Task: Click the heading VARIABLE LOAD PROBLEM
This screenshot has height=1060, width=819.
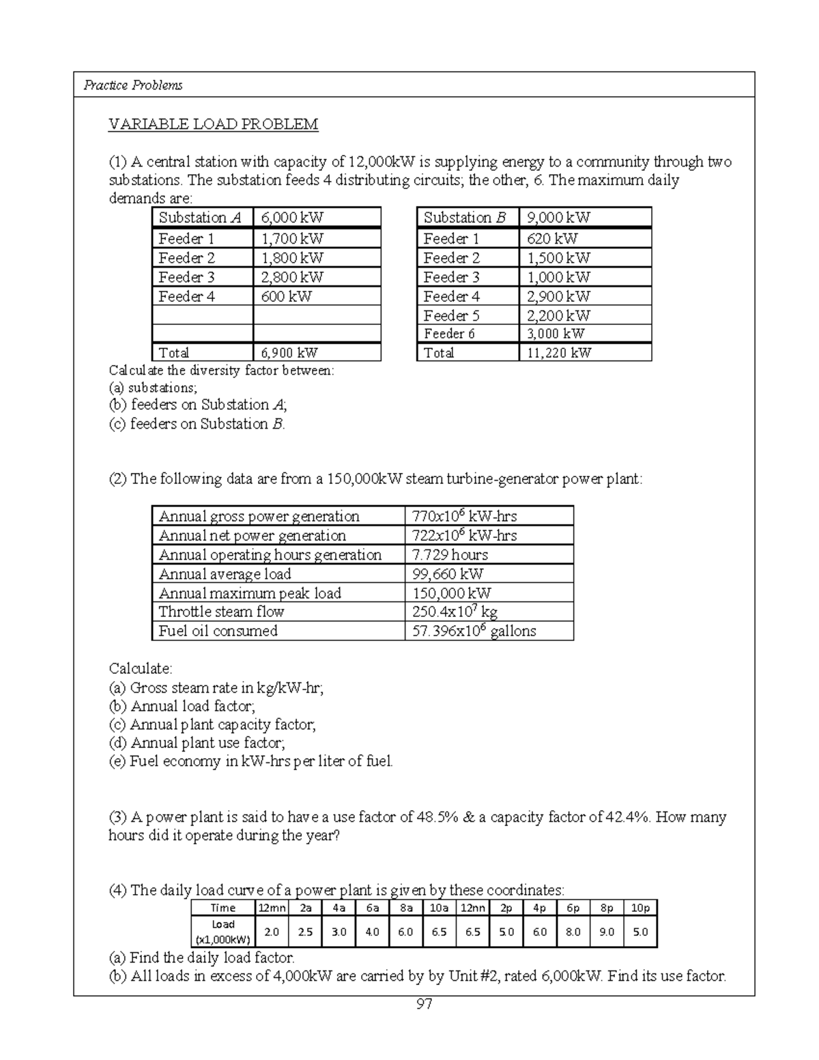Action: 213,124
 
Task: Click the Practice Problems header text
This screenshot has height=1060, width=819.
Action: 132,85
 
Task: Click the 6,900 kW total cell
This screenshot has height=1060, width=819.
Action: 289,353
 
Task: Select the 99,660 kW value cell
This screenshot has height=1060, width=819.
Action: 448,574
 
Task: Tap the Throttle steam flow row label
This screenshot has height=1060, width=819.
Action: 221,612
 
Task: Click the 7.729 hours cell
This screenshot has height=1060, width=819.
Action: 450,555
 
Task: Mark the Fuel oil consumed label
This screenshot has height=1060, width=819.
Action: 218,631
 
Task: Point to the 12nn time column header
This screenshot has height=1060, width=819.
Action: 472,908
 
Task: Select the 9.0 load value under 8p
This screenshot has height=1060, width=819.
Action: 607,932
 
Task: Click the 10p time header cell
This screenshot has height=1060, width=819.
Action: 640,908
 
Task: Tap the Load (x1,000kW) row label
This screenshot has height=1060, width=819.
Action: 223,932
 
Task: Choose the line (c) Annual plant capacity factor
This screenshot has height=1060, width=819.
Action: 212,724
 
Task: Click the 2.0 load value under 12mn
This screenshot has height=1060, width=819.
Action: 272,932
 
